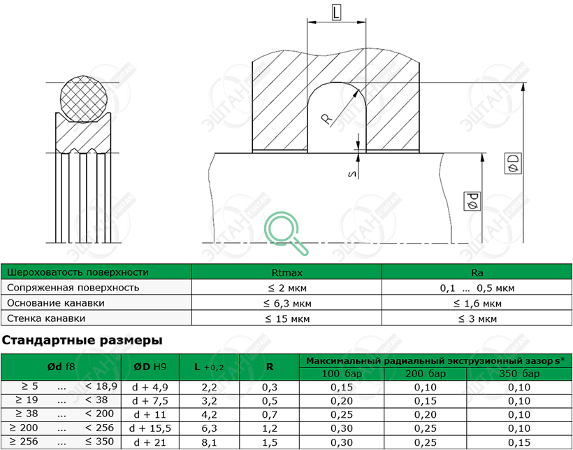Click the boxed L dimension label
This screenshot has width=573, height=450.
pyautogui.click(x=336, y=13)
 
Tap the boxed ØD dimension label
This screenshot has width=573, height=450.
pyautogui.click(x=513, y=164)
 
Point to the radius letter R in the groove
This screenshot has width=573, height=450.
pyautogui.click(x=326, y=119)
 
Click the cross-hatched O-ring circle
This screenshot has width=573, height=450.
pyautogui.click(x=84, y=99)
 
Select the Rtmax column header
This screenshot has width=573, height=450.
pyautogui.click(x=287, y=272)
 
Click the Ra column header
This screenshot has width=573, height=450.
pyautogui.click(x=477, y=272)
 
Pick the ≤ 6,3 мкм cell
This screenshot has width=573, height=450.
pyautogui.click(x=287, y=303)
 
